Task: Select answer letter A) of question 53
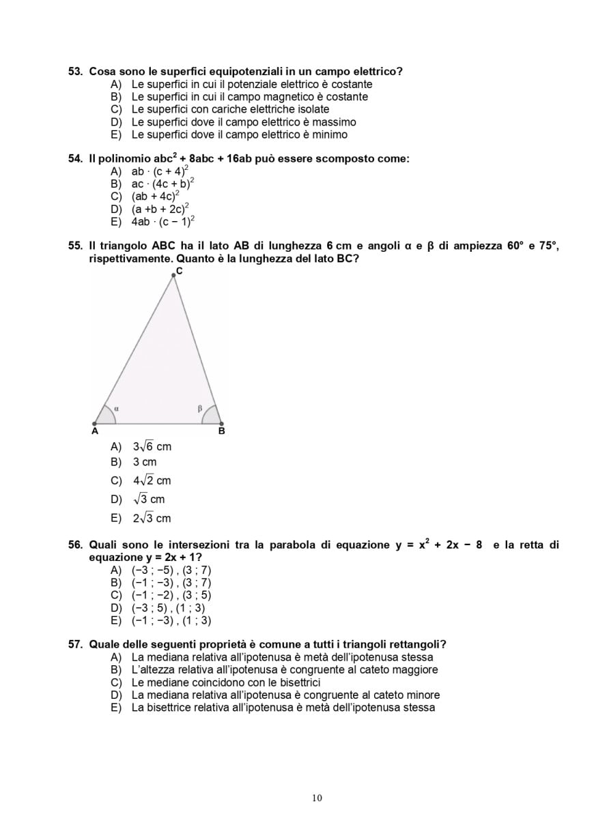(115, 85)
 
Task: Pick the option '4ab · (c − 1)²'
(163, 222)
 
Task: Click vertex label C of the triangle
(179, 272)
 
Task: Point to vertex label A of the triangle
(94, 431)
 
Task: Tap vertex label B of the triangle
(221, 431)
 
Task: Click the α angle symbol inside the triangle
(116, 409)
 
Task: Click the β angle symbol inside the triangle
(200, 409)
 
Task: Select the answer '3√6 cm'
(152, 447)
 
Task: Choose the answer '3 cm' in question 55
(145, 463)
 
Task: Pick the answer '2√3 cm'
(152, 519)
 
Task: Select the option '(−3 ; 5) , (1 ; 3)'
(168, 608)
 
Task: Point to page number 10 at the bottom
(317, 798)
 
